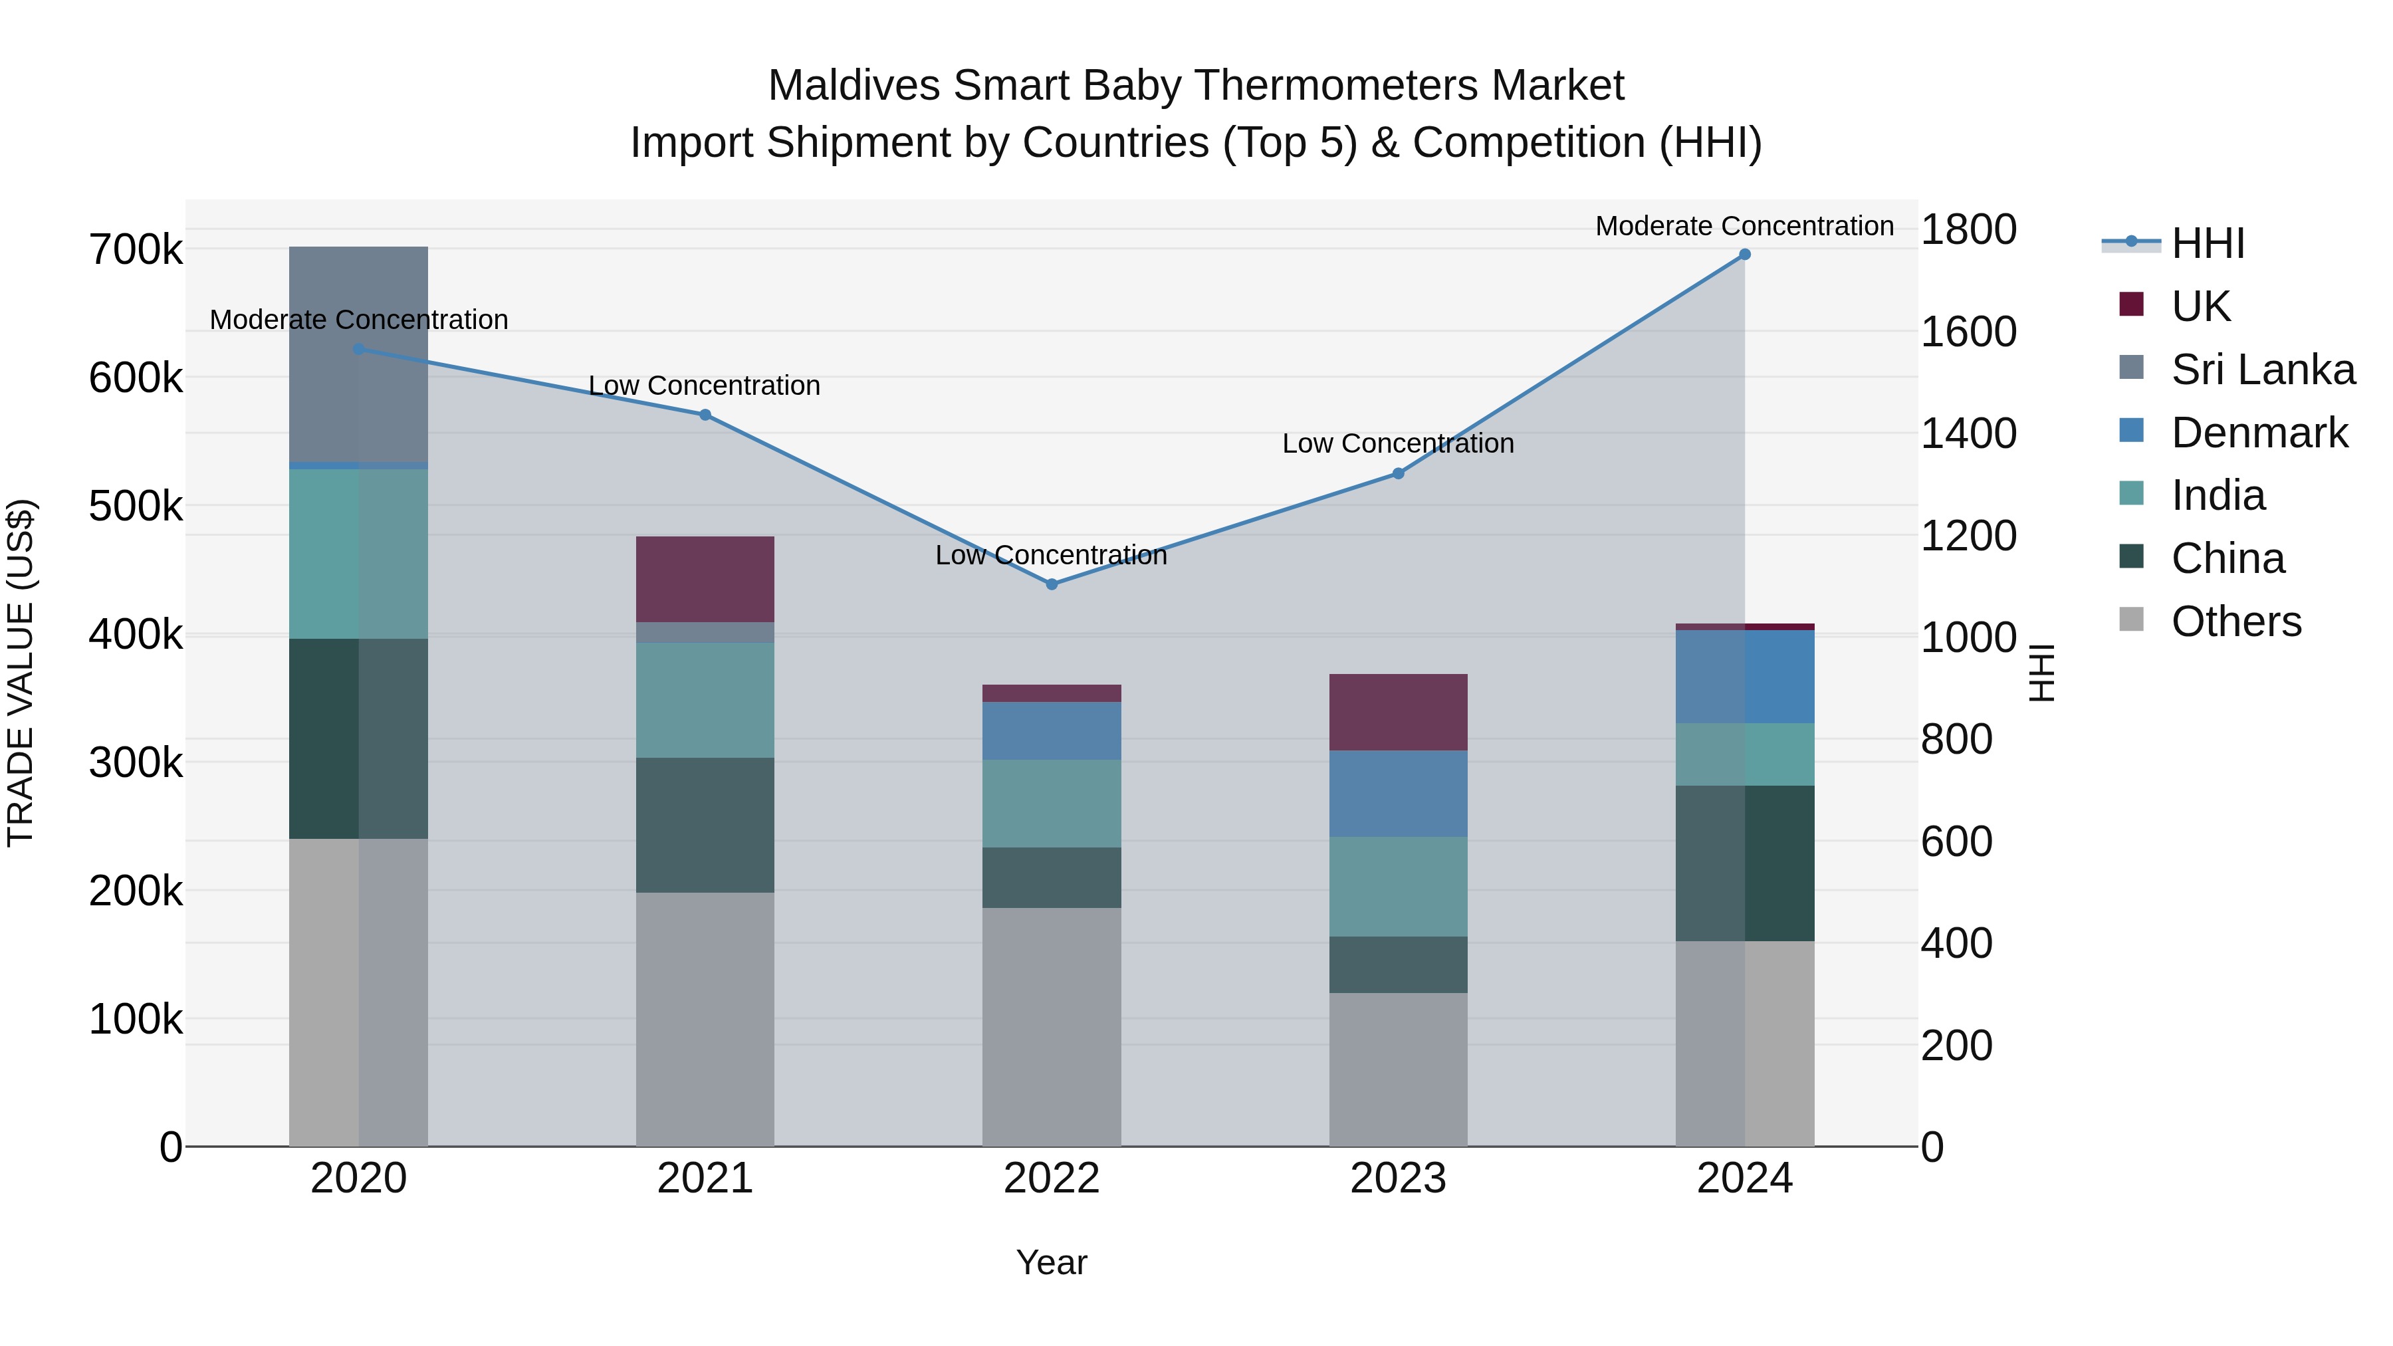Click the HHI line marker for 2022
point(1052,584)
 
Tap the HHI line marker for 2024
point(1745,255)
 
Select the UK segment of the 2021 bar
point(705,579)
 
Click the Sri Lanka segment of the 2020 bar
point(358,354)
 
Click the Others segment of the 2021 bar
point(705,1019)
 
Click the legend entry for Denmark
point(2259,433)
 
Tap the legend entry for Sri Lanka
point(2263,370)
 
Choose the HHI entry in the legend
point(2207,243)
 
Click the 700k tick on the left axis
point(136,250)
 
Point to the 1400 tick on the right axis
point(1968,434)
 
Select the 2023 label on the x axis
point(1398,1178)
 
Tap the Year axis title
point(1052,1262)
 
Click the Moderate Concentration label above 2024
point(1745,226)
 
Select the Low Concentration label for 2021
point(705,386)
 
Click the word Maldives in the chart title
point(855,86)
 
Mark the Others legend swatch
point(2131,619)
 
